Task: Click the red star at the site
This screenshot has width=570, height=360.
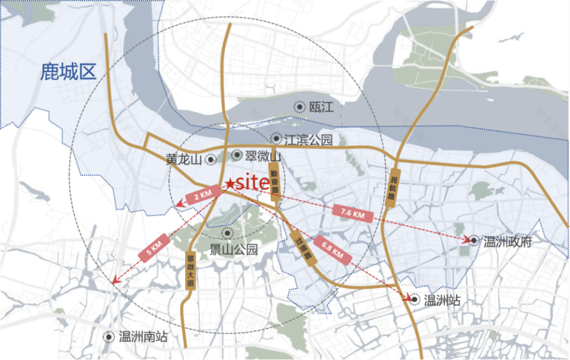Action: tap(231, 184)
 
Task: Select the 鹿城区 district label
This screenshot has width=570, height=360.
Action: tap(68, 71)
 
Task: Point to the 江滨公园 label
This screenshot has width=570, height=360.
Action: tap(310, 139)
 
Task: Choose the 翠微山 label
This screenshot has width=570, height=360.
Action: tap(262, 156)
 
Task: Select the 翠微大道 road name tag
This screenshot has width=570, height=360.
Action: tap(190, 269)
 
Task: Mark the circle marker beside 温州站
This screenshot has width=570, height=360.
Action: tap(415, 299)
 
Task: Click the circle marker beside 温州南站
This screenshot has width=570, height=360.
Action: tap(109, 336)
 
